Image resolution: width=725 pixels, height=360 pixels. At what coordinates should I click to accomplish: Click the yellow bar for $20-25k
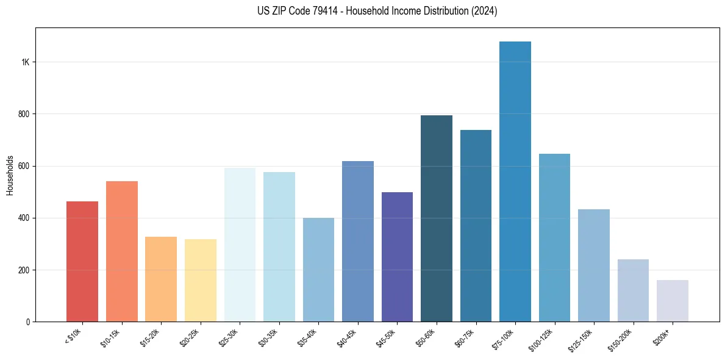(201, 280)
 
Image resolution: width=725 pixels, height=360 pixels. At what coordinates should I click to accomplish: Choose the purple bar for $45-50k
(397, 257)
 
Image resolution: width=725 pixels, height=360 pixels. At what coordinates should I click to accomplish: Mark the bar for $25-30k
(240, 245)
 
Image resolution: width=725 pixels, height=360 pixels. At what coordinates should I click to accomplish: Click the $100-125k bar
(554, 237)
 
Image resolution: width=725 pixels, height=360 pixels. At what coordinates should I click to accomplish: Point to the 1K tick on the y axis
(25, 62)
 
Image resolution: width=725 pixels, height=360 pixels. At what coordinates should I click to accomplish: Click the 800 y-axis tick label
(24, 114)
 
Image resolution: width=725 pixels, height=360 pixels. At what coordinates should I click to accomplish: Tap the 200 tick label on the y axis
(24, 270)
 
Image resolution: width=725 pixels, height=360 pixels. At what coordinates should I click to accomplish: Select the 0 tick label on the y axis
(28, 322)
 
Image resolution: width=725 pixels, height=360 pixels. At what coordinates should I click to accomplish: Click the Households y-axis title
(10, 175)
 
